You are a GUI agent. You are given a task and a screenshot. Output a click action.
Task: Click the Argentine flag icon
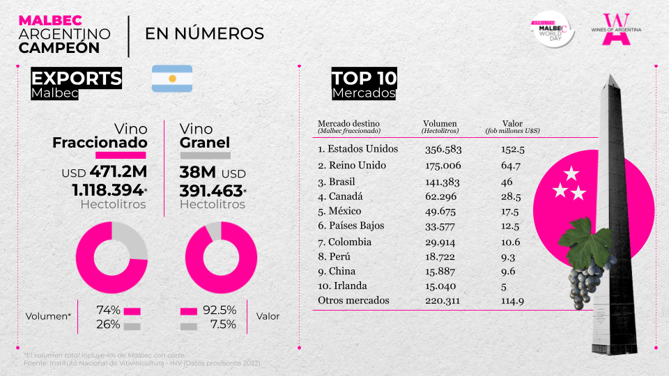[172, 79]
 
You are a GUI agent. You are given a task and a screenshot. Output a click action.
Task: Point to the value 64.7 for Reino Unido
[511, 166]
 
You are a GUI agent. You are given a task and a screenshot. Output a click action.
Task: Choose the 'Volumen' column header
[440, 124]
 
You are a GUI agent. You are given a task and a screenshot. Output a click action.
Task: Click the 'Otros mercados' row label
[353, 301]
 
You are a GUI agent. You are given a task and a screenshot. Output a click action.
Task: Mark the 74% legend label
[109, 311]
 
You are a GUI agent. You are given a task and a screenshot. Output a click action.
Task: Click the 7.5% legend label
[223, 324]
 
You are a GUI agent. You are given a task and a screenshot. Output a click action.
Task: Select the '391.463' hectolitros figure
[211, 190]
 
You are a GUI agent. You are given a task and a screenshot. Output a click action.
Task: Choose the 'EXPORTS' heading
[77, 78]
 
